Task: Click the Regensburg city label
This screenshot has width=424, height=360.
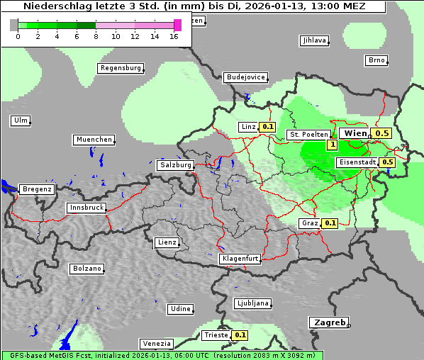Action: pyautogui.click(x=120, y=68)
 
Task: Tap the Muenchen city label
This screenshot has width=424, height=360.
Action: pyautogui.click(x=94, y=140)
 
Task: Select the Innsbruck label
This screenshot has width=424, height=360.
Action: pyautogui.click(x=87, y=208)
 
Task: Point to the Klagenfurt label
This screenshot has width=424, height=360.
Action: pyautogui.click(x=240, y=259)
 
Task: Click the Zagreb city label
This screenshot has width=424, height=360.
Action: pyautogui.click(x=328, y=322)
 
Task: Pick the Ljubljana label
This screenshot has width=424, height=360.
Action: pyautogui.click(x=252, y=303)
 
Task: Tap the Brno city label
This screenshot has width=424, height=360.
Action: pyautogui.click(x=376, y=60)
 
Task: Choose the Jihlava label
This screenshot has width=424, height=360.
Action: pyautogui.click(x=314, y=40)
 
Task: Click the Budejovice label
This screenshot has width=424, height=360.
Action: pyautogui.click(x=245, y=77)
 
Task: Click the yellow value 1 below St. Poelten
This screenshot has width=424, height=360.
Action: pyautogui.click(x=331, y=145)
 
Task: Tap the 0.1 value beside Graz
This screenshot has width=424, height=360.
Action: pyautogui.click(x=330, y=223)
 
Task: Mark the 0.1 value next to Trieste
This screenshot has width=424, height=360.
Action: pyautogui.click(x=240, y=335)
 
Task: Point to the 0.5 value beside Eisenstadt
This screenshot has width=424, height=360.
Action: pyautogui.click(x=388, y=162)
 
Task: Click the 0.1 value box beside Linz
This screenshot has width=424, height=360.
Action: pyautogui.click(x=267, y=127)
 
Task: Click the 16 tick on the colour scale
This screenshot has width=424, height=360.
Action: pyautogui.click(x=174, y=36)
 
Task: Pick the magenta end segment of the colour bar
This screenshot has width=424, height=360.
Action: pyautogui.click(x=177, y=25)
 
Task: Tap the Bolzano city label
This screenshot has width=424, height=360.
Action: pyautogui.click(x=87, y=269)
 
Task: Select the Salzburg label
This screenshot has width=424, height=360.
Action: pyautogui.click(x=175, y=165)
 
